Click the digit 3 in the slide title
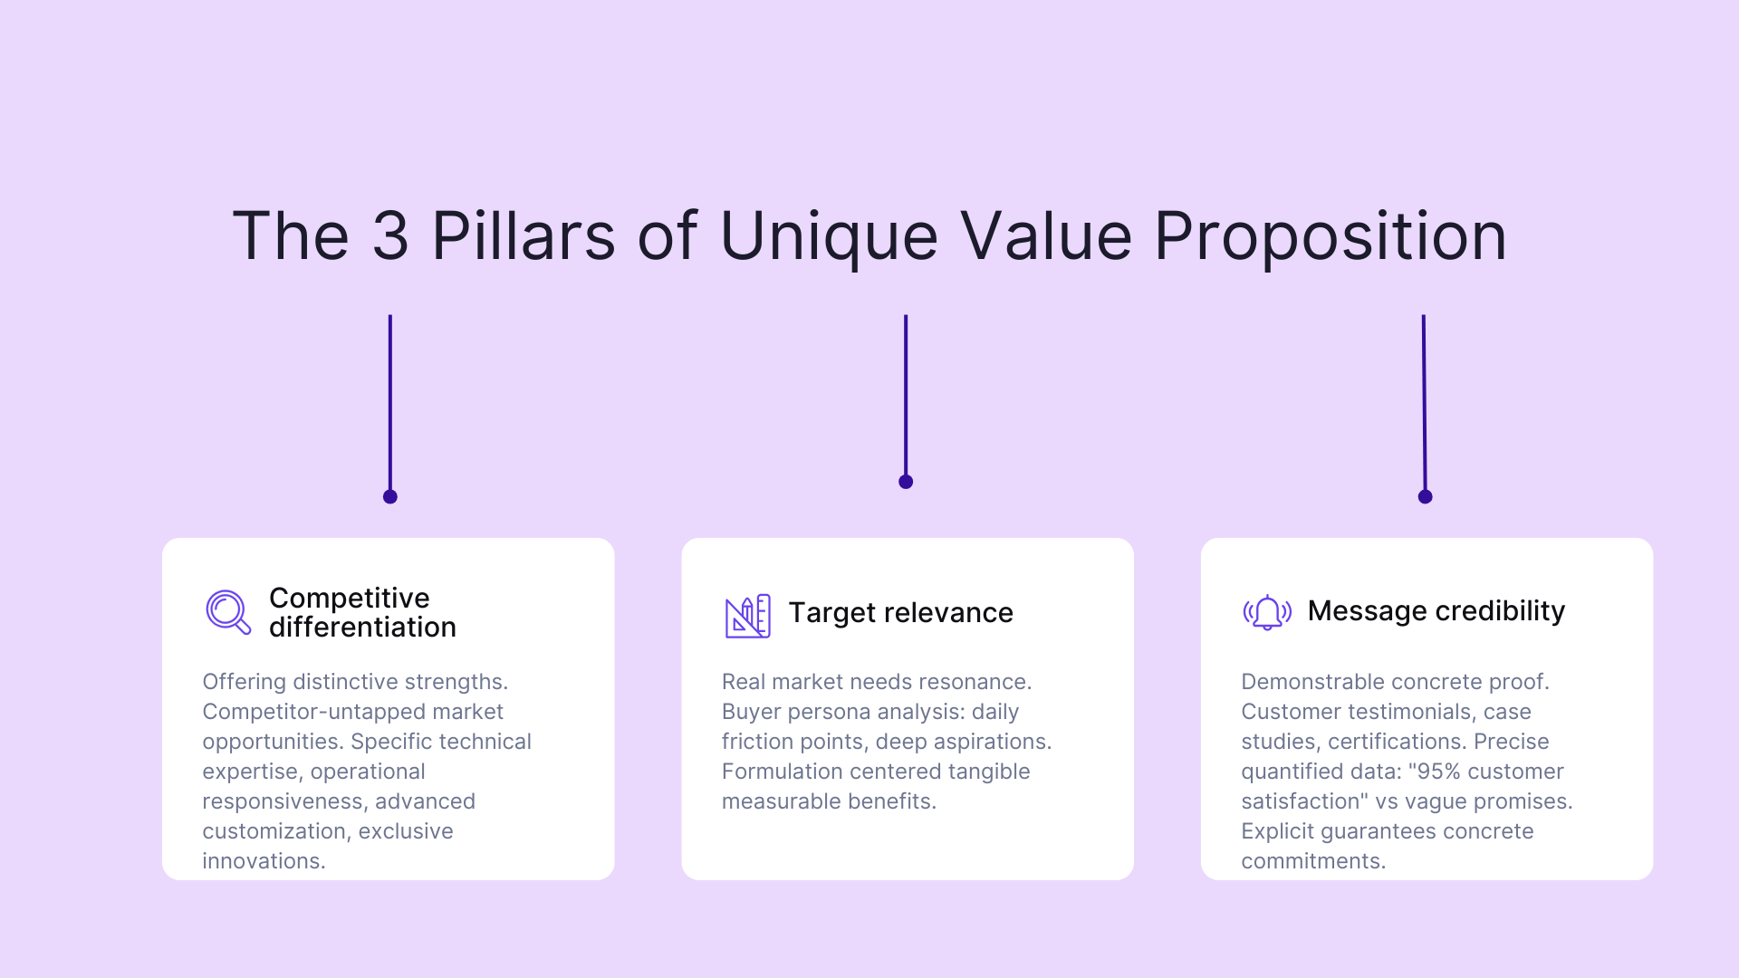390,236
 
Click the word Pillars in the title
524,236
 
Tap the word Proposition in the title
1330,236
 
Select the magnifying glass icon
228,612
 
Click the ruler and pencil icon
747,616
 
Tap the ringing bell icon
1267,612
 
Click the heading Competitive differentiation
362,612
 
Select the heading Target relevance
900,613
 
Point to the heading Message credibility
1436,611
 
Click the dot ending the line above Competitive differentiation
390,496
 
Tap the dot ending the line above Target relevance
906,482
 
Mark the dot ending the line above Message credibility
1425,496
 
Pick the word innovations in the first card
263,861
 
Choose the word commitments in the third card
1312,861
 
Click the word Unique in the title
829,236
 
